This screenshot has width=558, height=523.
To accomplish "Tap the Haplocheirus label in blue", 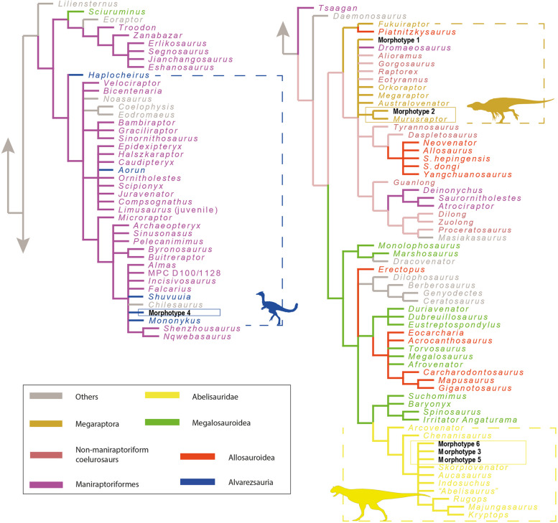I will pos(110,75).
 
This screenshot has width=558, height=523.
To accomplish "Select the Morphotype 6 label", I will pos(461,444).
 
